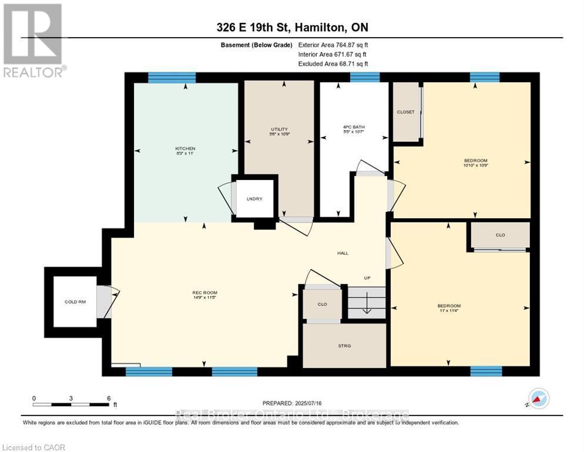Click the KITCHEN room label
185,148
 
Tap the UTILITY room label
279,129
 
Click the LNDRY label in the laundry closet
254,199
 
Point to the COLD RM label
75,302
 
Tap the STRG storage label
344,345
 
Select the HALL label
343,253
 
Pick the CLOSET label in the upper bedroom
405,112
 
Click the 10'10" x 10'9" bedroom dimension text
476,166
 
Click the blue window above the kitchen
172,77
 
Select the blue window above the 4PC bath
364,77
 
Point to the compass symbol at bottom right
538,398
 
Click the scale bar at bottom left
71,404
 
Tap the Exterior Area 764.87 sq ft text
333,45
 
